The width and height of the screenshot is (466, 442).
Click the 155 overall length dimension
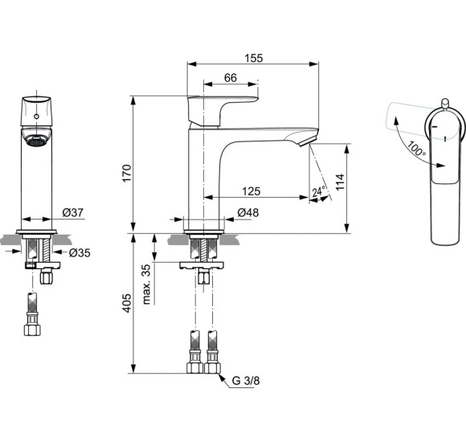[x=253, y=58]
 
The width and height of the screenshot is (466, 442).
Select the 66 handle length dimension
[x=230, y=77]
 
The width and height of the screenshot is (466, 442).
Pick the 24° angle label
[x=318, y=192]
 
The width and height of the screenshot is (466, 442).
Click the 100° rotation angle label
[x=415, y=149]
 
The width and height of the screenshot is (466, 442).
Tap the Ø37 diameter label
[x=72, y=213]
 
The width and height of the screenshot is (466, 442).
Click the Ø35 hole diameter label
[x=79, y=252]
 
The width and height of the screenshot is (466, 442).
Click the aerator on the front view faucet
[x=35, y=142]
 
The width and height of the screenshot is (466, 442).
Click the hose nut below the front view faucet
[x=35, y=329]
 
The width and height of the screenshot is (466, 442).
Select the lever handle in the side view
[x=223, y=108]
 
